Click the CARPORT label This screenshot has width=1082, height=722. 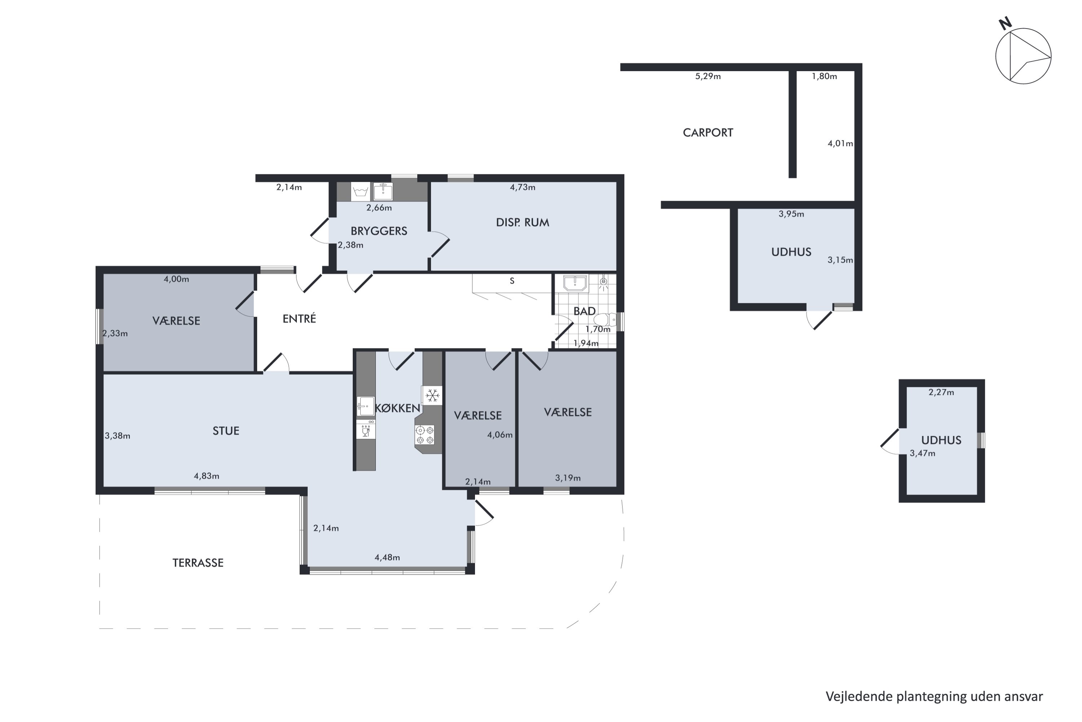point(708,132)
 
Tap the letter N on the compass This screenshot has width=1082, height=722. point(1005,23)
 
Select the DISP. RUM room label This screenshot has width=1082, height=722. point(522,222)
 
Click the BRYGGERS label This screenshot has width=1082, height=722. point(379,231)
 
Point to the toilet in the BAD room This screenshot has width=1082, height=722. point(604,319)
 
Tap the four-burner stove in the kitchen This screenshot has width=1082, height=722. point(425,435)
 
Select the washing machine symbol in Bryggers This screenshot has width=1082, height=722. point(360,192)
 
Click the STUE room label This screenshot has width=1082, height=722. point(225,431)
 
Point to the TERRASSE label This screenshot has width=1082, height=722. point(198,563)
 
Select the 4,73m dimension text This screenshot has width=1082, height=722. point(522,187)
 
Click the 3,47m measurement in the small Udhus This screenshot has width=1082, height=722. point(922,453)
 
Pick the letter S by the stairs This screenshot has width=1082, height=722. point(512,281)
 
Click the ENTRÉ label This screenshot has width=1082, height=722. point(299,319)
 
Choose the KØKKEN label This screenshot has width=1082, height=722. point(397,408)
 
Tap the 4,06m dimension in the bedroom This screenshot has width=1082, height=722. point(500,435)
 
